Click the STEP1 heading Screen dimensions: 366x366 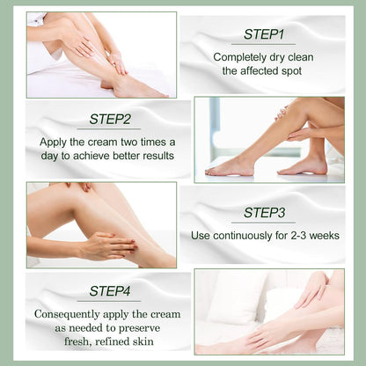[x=263, y=34]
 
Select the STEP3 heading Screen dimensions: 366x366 [x=264, y=212]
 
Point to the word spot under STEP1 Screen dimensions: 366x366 [x=296, y=72]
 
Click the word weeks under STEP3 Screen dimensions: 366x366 [x=318, y=236]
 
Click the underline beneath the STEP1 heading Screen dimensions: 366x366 [x=263, y=44]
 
